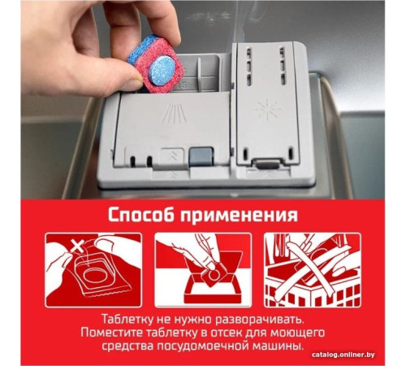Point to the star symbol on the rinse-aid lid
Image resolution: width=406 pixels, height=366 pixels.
point(266,109)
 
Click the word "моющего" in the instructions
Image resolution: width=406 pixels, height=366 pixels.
point(298,333)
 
